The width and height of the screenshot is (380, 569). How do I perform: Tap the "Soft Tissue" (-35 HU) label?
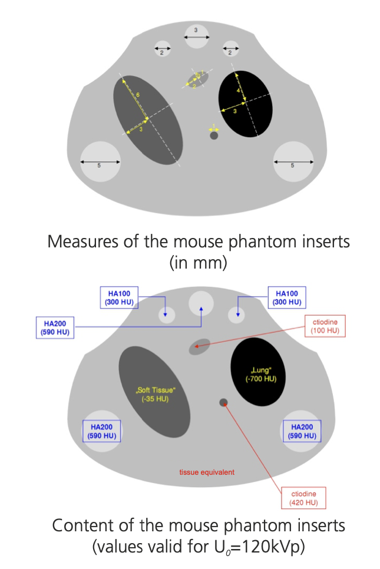pos(155,394)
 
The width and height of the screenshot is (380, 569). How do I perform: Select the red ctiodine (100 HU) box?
pos(325,326)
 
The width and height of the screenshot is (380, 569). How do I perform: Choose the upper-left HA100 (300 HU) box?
pos(124,297)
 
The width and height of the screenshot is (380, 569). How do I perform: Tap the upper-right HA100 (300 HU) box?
pos(288,297)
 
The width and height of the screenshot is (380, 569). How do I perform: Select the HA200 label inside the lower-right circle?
pos(302,431)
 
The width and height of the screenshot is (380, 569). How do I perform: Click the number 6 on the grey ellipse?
pos(137,95)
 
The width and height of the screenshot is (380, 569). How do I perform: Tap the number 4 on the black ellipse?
pos(239,91)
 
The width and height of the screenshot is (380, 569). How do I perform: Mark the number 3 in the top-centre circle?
pos(196,29)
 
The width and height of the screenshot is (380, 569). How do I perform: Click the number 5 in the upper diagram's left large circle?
pos(99,166)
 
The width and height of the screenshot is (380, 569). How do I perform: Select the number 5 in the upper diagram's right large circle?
pos(293,166)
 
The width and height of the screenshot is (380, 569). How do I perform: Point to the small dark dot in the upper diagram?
pos(214,135)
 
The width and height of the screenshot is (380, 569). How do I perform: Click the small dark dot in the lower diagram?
pos(223,402)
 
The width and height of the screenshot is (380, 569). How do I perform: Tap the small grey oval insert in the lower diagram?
pos(199,347)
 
